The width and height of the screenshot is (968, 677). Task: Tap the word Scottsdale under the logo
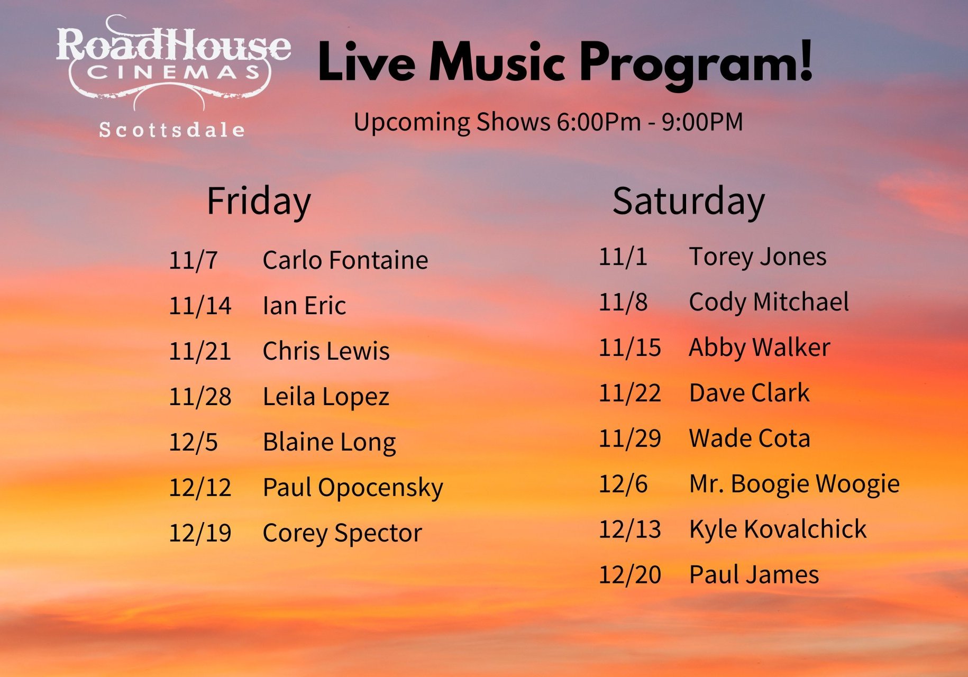pyautogui.click(x=172, y=130)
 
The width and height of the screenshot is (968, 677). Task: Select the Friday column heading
pyautogui.click(x=259, y=201)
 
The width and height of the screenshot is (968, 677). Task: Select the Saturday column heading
pyautogui.click(x=689, y=201)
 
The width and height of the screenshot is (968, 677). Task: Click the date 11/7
pyautogui.click(x=193, y=260)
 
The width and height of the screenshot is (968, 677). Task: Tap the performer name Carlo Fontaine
pyautogui.click(x=345, y=260)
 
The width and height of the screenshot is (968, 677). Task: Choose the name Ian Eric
pyautogui.click(x=304, y=306)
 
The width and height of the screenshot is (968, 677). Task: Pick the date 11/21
pyautogui.click(x=200, y=351)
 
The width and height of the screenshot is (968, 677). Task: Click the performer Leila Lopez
pyautogui.click(x=326, y=397)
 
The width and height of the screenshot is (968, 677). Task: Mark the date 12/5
pyautogui.click(x=193, y=442)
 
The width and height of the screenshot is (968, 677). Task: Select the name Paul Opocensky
pyautogui.click(x=353, y=488)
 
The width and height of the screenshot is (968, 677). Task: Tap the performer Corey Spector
pyautogui.click(x=342, y=533)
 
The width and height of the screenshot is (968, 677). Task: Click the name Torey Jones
pyautogui.click(x=757, y=257)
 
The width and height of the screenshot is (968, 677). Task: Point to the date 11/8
pyautogui.click(x=623, y=302)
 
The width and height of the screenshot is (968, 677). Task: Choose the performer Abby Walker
pyautogui.click(x=760, y=347)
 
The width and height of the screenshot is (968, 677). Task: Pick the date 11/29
pyautogui.click(x=630, y=438)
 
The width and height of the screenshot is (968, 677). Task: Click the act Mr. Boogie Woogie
pyautogui.click(x=795, y=484)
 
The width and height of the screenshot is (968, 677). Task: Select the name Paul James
pyautogui.click(x=754, y=575)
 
